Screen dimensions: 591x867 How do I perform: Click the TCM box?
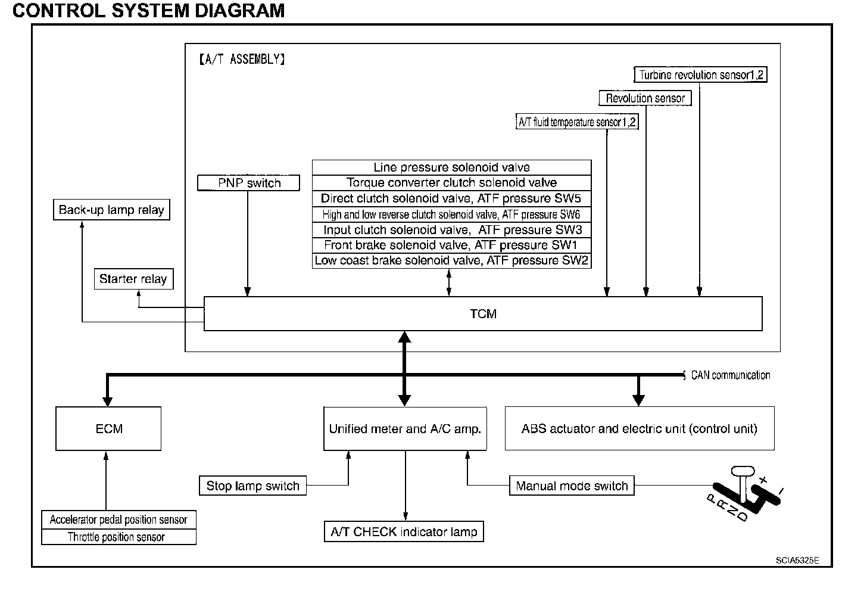point(483,313)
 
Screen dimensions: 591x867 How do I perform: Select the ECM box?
point(108,428)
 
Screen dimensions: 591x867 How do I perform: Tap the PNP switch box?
point(248,183)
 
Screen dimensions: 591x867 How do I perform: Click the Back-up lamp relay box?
point(111,210)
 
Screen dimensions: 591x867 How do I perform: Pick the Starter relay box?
point(133,279)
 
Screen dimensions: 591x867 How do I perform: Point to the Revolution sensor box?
point(645,98)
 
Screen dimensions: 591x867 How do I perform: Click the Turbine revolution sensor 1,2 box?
point(700,75)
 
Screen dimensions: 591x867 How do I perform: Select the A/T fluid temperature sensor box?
point(577,122)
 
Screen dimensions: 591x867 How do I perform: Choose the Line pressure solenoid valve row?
point(451,167)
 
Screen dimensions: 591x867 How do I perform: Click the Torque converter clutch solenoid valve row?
point(451,183)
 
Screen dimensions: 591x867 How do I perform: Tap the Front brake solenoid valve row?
point(451,245)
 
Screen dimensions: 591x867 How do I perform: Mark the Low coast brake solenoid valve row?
point(451,260)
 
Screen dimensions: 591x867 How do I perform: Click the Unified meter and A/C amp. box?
point(405,428)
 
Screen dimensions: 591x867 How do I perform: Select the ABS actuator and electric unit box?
point(640,428)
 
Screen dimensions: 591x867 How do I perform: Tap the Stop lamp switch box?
point(252,486)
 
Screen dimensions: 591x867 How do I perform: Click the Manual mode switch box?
point(572,486)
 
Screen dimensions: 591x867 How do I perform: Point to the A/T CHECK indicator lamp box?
point(404,531)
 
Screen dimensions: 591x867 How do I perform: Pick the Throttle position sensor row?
point(118,537)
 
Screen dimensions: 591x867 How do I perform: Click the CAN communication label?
point(730,375)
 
